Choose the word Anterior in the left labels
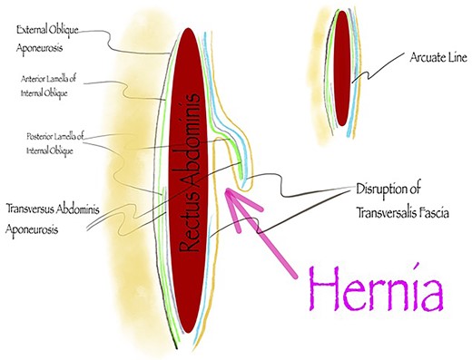point(34,79)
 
